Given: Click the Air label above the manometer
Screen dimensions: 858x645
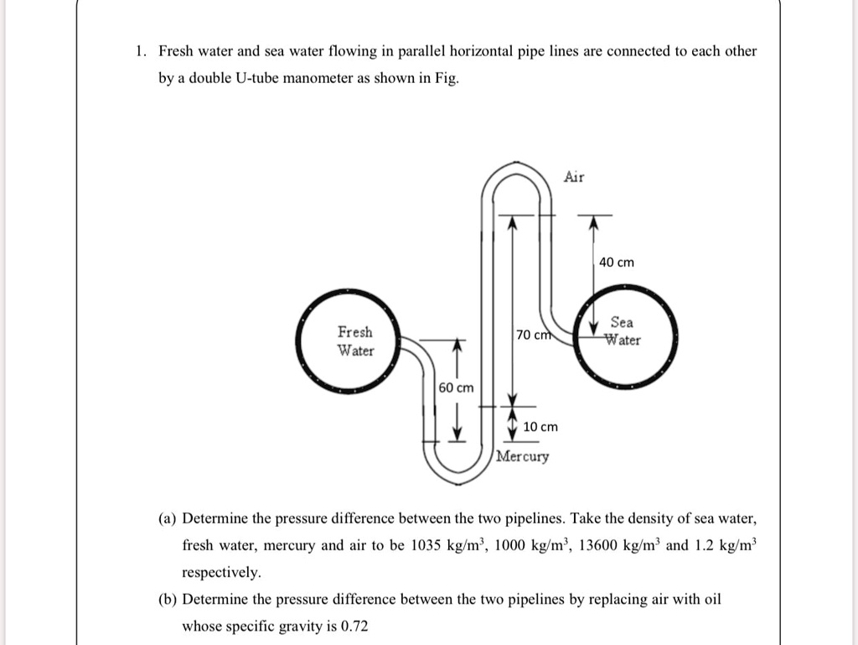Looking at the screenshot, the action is [574, 176].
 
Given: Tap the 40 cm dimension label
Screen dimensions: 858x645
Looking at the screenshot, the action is [617, 263].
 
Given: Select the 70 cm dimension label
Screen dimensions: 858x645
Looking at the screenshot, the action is [533, 336].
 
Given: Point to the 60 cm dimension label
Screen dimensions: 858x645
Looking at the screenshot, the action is [456, 388].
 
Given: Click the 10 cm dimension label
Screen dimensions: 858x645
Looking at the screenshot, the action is [540, 427].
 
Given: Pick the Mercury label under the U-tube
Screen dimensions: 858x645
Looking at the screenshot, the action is [523, 457].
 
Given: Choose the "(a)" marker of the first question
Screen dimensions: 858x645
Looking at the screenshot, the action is [167, 518].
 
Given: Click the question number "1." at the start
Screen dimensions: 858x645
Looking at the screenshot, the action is [141, 51].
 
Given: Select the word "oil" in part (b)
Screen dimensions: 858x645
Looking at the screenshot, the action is [711, 599].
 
